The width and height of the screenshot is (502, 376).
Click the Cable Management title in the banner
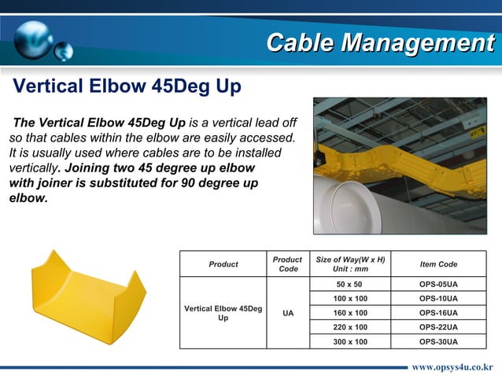coord(379,42)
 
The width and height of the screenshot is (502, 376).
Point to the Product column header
coord(223,264)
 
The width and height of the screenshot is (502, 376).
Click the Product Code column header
coord(287,264)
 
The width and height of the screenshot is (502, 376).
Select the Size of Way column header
coord(350,264)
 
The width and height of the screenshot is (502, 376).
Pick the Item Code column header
coord(438,264)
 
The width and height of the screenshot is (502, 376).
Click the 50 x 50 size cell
coord(350,284)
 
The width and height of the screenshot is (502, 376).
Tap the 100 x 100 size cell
coord(350,299)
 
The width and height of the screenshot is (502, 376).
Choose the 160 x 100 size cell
coord(350,313)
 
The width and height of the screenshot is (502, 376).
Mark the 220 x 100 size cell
coord(350,327)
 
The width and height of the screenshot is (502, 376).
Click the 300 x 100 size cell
coord(350,341)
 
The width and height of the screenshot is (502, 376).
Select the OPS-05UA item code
coord(438,284)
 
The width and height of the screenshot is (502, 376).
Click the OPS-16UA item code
coord(438,313)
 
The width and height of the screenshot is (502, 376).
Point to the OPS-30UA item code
coord(438,341)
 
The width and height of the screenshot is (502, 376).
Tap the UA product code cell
coord(287,313)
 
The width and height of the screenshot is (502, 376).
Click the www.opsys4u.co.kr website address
coord(452,367)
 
